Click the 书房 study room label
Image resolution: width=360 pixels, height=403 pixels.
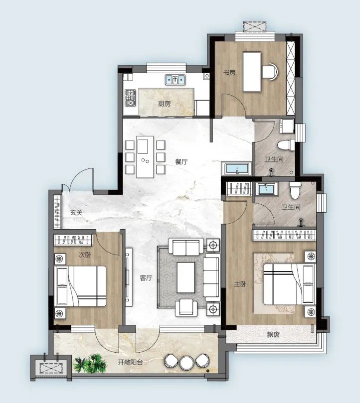(229, 72)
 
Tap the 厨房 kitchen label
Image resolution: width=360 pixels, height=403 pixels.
(165, 104)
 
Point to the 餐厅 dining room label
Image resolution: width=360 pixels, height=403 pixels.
(181, 162)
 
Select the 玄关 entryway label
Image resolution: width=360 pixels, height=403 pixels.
(76, 213)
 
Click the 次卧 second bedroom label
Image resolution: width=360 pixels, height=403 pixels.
(85, 255)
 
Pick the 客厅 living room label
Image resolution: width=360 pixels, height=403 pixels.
(146, 278)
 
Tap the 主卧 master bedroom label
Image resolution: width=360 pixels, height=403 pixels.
(240, 284)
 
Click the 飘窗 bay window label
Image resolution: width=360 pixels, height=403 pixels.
(273, 334)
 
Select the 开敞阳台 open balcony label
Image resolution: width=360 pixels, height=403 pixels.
(130, 362)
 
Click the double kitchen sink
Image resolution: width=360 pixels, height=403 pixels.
(175, 80)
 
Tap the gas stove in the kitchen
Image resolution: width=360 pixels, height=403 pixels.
(130, 98)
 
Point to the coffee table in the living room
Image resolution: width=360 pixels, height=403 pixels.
(186, 277)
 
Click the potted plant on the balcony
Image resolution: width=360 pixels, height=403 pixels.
(90, 363)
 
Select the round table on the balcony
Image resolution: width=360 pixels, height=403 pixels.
(187, 362)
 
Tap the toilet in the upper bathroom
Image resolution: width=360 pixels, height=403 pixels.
(286, 144)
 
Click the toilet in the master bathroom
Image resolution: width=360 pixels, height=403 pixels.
(295, 190)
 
